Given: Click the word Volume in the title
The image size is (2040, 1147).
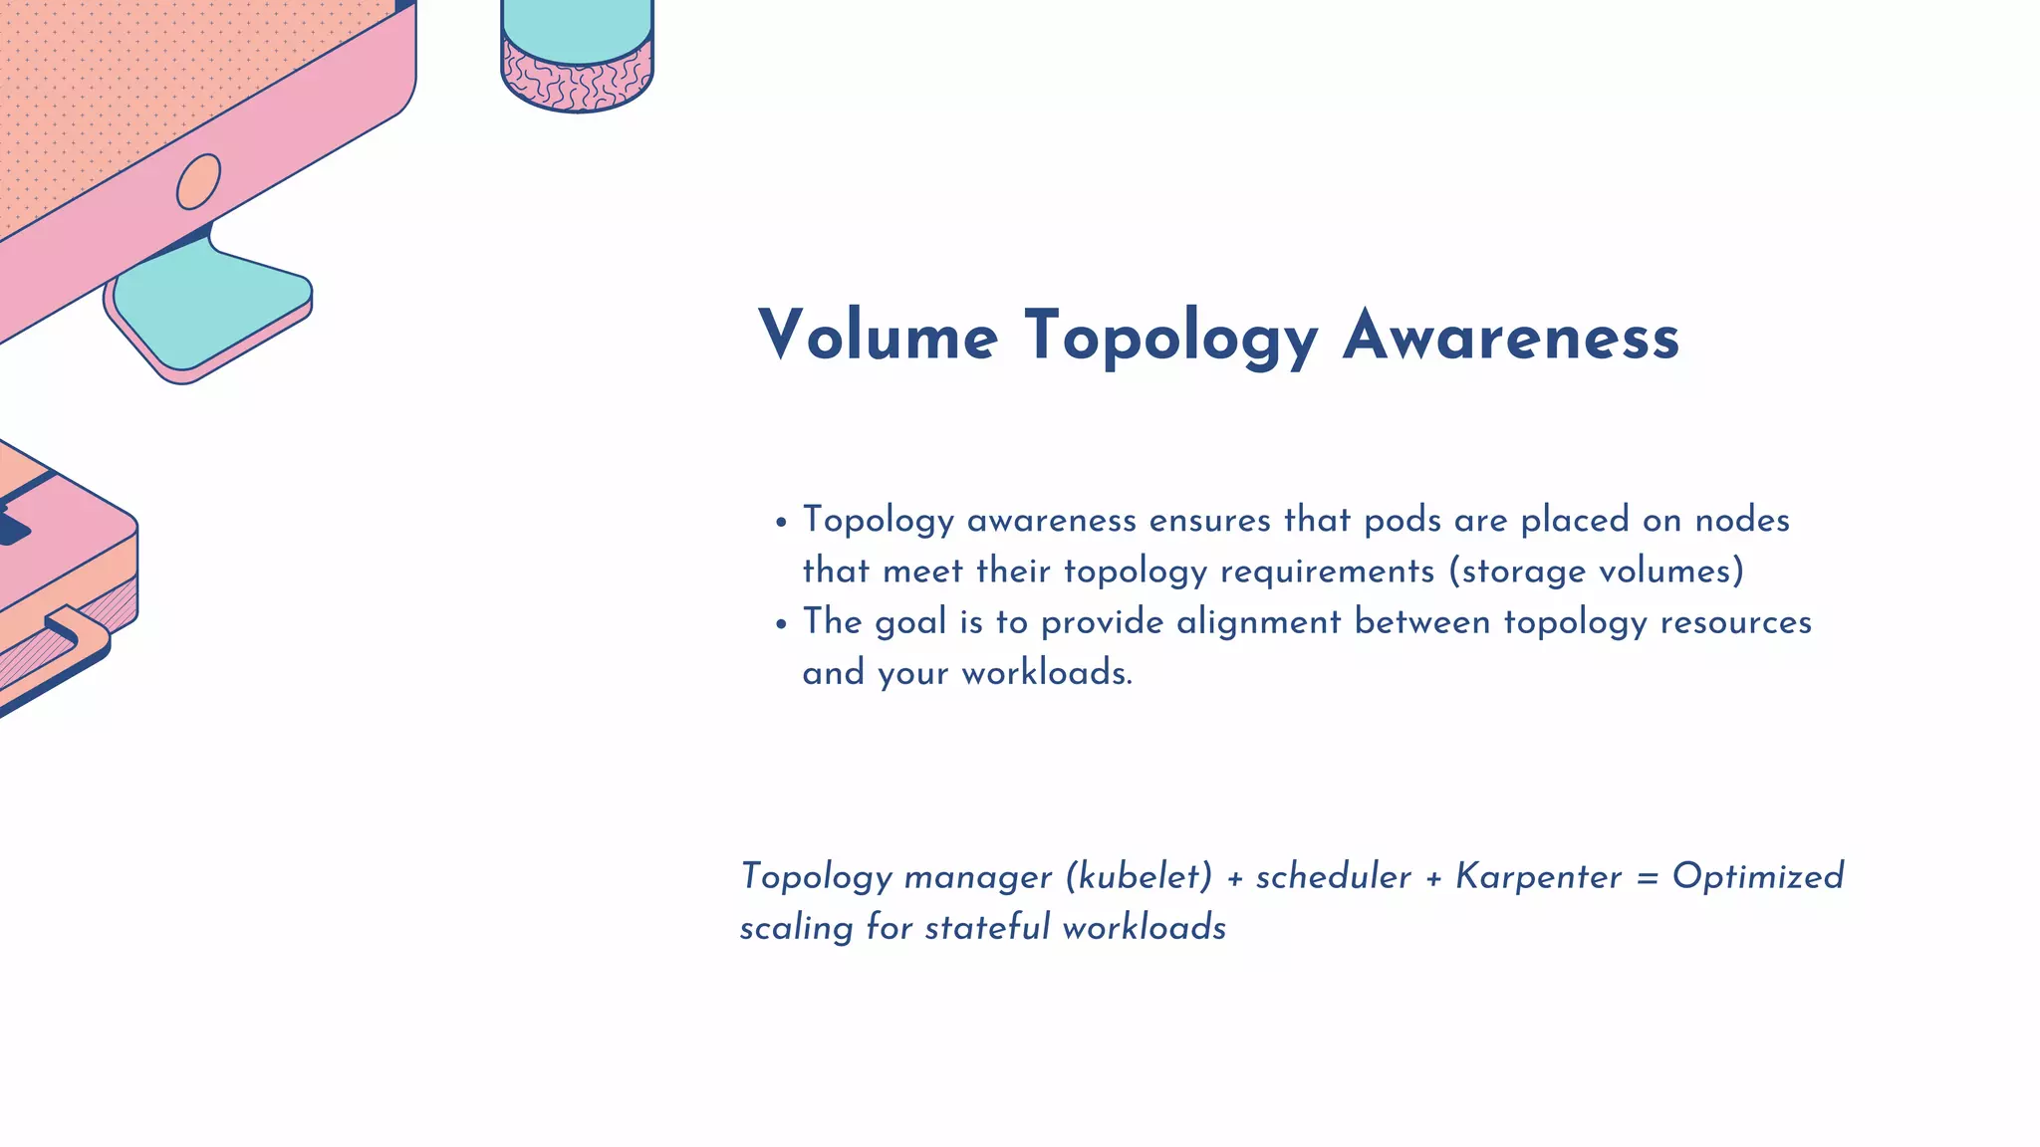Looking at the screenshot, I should [878, 336].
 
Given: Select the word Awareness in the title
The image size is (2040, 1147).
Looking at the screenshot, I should [1511, 336].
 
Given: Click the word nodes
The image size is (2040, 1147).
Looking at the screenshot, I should [1742, 520].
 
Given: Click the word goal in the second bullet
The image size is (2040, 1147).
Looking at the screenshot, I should [910, 623].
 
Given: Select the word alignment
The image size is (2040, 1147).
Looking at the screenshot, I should [1259, 623].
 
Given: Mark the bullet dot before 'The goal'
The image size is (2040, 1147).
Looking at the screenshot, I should [782, 624].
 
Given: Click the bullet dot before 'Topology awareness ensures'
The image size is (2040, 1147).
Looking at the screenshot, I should [782, 522].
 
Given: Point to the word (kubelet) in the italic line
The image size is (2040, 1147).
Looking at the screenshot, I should [1140, 876].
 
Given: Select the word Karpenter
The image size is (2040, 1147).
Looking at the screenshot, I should [1539, 876].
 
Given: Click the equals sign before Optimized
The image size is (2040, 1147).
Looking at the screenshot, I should [1648, 877].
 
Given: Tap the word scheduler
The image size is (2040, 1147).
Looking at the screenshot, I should [1333, 876].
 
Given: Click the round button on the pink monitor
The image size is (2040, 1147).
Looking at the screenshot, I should [198, 182].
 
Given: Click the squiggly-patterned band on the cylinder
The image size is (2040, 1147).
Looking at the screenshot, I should [578, 78].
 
